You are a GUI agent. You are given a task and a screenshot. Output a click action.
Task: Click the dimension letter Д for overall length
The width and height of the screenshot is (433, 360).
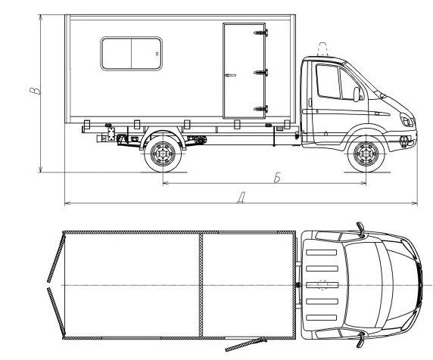tap(240, 198)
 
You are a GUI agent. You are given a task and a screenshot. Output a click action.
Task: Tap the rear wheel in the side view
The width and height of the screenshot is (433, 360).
tap(162, 154)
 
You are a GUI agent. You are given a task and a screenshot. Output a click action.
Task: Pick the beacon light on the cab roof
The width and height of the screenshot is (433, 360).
tap(322, 50)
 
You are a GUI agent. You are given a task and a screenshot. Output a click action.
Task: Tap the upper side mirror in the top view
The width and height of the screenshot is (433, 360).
tap(360, 227)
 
